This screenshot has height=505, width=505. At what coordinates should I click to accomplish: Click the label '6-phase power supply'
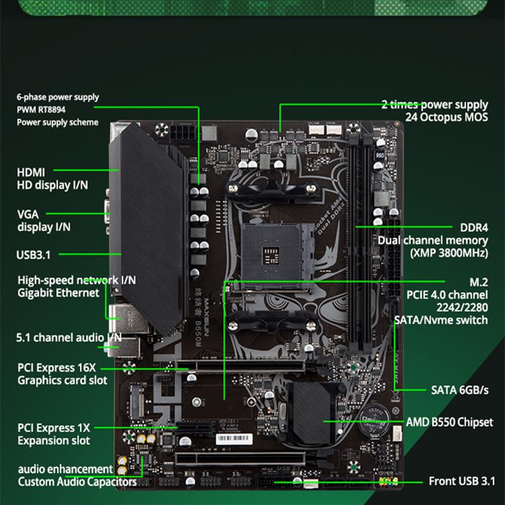[x=57, y=97]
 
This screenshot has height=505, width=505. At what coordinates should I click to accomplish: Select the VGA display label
[x=28, y=215]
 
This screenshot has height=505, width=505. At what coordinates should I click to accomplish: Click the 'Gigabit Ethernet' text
[x=58, y=293]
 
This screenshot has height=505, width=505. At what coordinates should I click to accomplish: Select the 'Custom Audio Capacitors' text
[x=77, y=482]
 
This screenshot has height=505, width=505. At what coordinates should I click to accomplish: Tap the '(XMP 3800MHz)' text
[x=448, y=253]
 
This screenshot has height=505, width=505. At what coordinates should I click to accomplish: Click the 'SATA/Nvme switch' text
[x=441, y=320]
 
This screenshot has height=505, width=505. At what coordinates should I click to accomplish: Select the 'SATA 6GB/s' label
[x=460, y=389]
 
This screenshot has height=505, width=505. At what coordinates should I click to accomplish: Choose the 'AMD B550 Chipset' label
[x=449, y=422]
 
